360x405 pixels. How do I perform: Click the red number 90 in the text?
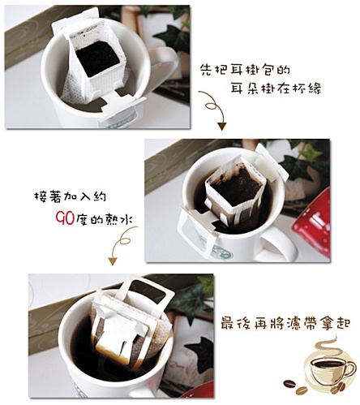[65, 218]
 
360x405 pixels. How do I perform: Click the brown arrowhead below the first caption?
[221, 126]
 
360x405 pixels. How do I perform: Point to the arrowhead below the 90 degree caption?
[113, 261]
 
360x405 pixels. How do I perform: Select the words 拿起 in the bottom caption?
[337, 324]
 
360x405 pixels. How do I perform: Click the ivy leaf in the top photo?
[169, 37]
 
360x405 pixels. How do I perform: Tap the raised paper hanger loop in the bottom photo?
[148, 293]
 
